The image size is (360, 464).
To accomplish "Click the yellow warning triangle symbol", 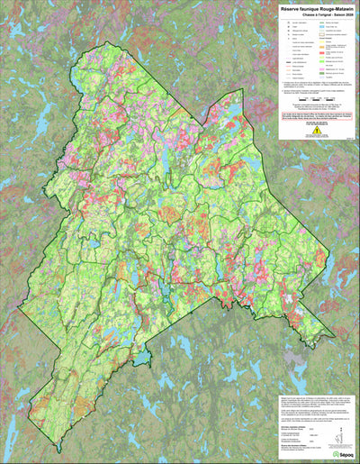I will click(x=317, y=129).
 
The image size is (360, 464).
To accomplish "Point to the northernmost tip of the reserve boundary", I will click(x=120, y=39).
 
